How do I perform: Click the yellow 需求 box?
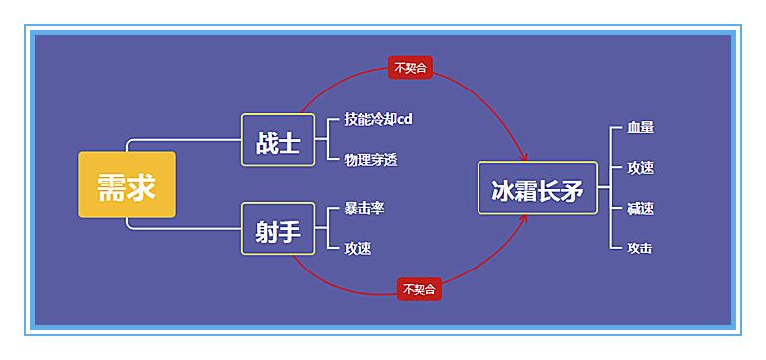126,184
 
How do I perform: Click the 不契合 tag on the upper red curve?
409,68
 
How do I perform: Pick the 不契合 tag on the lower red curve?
418,289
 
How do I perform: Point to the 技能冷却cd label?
378,119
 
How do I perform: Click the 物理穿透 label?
370,159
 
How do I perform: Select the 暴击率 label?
364,209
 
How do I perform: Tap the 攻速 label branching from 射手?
357,249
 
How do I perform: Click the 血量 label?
640,128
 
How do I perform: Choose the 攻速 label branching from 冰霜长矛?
640,168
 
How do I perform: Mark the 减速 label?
640,208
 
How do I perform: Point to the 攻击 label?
640,248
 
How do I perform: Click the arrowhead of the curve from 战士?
524,157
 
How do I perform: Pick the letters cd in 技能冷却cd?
405,119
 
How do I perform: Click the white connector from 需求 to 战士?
184,139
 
